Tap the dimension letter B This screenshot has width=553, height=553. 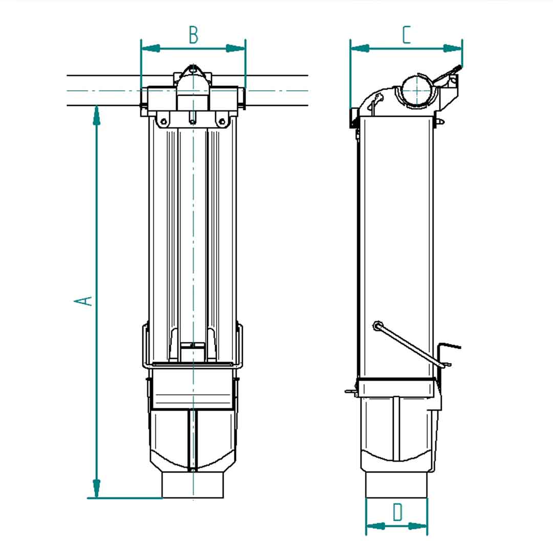tap(193, 35)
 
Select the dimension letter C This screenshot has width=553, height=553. tap(406, 35)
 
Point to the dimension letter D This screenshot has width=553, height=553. tap(397, 512)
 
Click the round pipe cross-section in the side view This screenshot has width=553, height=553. tap(417, 91)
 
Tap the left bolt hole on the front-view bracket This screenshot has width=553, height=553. tap(163, 121)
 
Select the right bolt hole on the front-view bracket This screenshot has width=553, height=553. tap(222, 121)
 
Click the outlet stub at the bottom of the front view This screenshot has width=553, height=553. tap(193, 484)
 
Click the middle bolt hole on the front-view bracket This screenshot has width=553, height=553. tap(193, 121)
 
